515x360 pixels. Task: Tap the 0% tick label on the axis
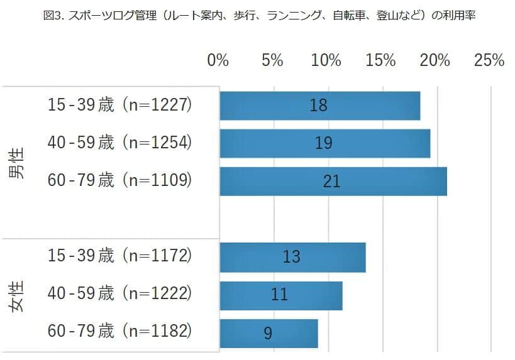218,60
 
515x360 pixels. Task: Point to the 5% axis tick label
272,60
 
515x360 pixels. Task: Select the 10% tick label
326,60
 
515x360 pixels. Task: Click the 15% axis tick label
380,60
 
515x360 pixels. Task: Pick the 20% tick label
435,60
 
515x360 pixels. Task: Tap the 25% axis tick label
489,60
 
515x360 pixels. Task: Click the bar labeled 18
320,105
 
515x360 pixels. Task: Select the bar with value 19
325,143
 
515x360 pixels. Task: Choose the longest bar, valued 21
333,181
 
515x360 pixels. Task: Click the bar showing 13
292,256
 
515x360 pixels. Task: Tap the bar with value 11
281,295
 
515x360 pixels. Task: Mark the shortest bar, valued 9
269,333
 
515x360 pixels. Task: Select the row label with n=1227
119,105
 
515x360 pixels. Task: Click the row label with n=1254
119,143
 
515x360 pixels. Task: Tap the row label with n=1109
119,181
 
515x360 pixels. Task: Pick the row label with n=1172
119,256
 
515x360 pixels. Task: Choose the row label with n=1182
119,331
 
